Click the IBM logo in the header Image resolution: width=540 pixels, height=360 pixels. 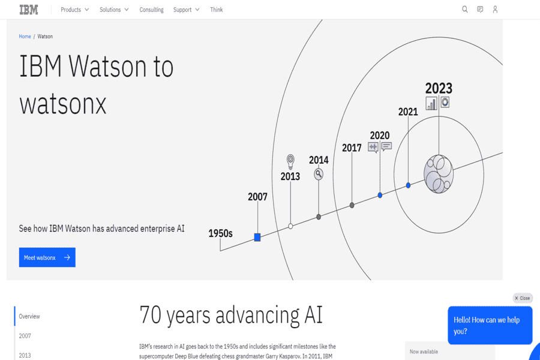(29, 10)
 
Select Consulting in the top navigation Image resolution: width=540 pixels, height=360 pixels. (151, 10)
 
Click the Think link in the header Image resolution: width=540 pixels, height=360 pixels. (216, 10)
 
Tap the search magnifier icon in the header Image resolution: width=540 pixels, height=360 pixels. (464, 10)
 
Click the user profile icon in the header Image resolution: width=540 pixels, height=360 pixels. (495, 10)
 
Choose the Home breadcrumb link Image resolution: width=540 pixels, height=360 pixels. (25, 36)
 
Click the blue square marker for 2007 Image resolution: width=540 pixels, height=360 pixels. (257, 237)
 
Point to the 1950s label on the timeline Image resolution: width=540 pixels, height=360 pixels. (220, 233)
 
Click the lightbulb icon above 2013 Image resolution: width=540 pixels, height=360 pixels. (290, 161)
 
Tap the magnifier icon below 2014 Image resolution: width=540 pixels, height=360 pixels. (319, 174)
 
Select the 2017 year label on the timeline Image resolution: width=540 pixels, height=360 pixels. (352, 148)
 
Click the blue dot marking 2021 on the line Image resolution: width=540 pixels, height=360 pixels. (408, 185)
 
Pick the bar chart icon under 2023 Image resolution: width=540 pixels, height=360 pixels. (431, 103)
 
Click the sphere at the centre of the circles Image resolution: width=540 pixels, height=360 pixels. (439, 174)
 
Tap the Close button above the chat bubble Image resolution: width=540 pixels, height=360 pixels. (523, 298)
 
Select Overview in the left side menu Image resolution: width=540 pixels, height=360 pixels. (29, 316)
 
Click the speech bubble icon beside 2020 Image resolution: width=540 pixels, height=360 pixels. (386, 146)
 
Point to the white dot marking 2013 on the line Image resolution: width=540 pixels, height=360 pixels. (290, 226)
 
